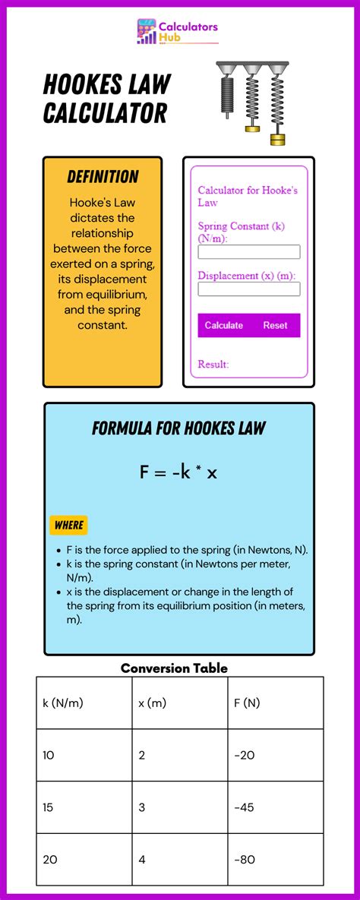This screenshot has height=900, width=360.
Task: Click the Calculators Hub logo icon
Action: pos(147,32)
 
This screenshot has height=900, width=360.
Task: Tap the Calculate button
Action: pos(224,325)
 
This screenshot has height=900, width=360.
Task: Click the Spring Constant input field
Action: pos(249,252)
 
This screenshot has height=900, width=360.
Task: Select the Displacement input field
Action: pos(249,289)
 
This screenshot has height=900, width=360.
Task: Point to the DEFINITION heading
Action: pos(103,177)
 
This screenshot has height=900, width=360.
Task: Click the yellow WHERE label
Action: pos(68,525)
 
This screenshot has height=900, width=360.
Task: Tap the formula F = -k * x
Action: pos(178,472)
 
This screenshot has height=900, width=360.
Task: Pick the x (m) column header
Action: pos(153,703)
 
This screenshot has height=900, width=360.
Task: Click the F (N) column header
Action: pos(247,703)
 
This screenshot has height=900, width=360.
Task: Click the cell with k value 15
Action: pos(49,807)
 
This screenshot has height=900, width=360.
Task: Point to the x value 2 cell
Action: pos(142,755)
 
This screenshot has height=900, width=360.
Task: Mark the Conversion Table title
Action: pos(174,668)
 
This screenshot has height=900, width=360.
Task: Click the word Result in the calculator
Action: pos(213,365)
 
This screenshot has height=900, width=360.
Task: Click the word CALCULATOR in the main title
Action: pos(105,113)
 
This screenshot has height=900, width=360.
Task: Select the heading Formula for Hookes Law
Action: pos(178,428)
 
